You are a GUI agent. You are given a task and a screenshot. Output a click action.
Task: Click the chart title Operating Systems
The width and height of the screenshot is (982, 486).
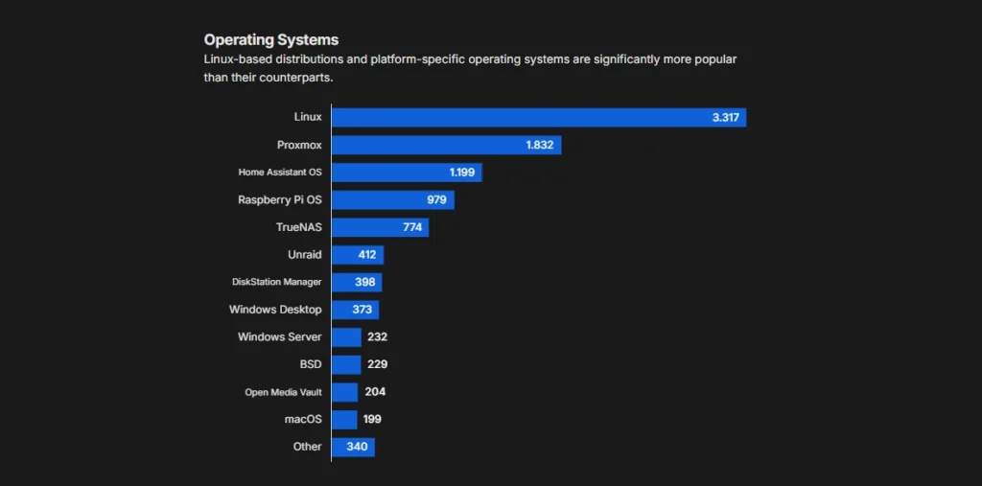270,39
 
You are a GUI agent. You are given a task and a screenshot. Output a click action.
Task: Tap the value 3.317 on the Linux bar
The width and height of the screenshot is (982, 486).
726,117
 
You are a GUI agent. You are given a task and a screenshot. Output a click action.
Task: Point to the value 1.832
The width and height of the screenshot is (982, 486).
540,145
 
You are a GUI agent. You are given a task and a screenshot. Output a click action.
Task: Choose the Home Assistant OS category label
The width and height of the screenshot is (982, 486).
280,173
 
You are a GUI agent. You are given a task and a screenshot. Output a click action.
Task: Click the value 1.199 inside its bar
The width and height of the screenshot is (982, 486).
462,173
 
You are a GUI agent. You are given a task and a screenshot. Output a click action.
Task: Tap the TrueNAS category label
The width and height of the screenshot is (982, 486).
298,227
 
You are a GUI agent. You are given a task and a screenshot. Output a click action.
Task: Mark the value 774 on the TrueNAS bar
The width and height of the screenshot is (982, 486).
412,227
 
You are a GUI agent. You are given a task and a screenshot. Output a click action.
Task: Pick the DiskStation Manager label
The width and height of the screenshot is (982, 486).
276,282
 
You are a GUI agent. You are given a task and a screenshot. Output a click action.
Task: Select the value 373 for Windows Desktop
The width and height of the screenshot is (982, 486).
362,310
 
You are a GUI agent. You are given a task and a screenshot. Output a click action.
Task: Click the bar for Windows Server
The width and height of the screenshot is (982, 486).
346,337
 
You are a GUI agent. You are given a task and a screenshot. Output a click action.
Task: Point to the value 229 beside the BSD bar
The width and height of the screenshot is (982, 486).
376,364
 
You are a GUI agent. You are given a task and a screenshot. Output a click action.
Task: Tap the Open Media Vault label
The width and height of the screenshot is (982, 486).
283,392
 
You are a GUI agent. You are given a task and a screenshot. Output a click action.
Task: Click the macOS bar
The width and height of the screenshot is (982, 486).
344,419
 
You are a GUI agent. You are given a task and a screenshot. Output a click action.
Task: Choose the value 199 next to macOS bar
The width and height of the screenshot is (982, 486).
373,419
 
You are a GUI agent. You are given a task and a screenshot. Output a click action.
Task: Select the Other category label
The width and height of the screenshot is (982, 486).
307,447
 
